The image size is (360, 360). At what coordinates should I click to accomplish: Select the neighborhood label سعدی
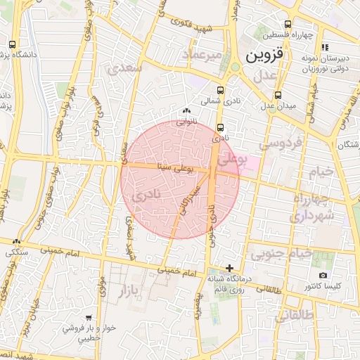click(126, 68)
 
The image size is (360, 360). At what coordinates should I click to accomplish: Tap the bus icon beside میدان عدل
click(278, 94)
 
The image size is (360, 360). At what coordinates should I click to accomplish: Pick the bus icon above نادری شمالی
click(221, 90)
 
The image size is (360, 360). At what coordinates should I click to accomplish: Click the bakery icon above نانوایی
click(186, 110)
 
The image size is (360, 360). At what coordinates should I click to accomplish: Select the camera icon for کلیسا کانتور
click(323, 275)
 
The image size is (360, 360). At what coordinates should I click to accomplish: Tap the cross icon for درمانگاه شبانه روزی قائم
click(230, 267)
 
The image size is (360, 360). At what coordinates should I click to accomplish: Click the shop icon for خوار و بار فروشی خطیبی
click(88, 318)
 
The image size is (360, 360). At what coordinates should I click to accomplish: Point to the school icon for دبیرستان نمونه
click(325, 47)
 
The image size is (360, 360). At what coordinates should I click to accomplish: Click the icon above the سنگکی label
click(16, 241)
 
